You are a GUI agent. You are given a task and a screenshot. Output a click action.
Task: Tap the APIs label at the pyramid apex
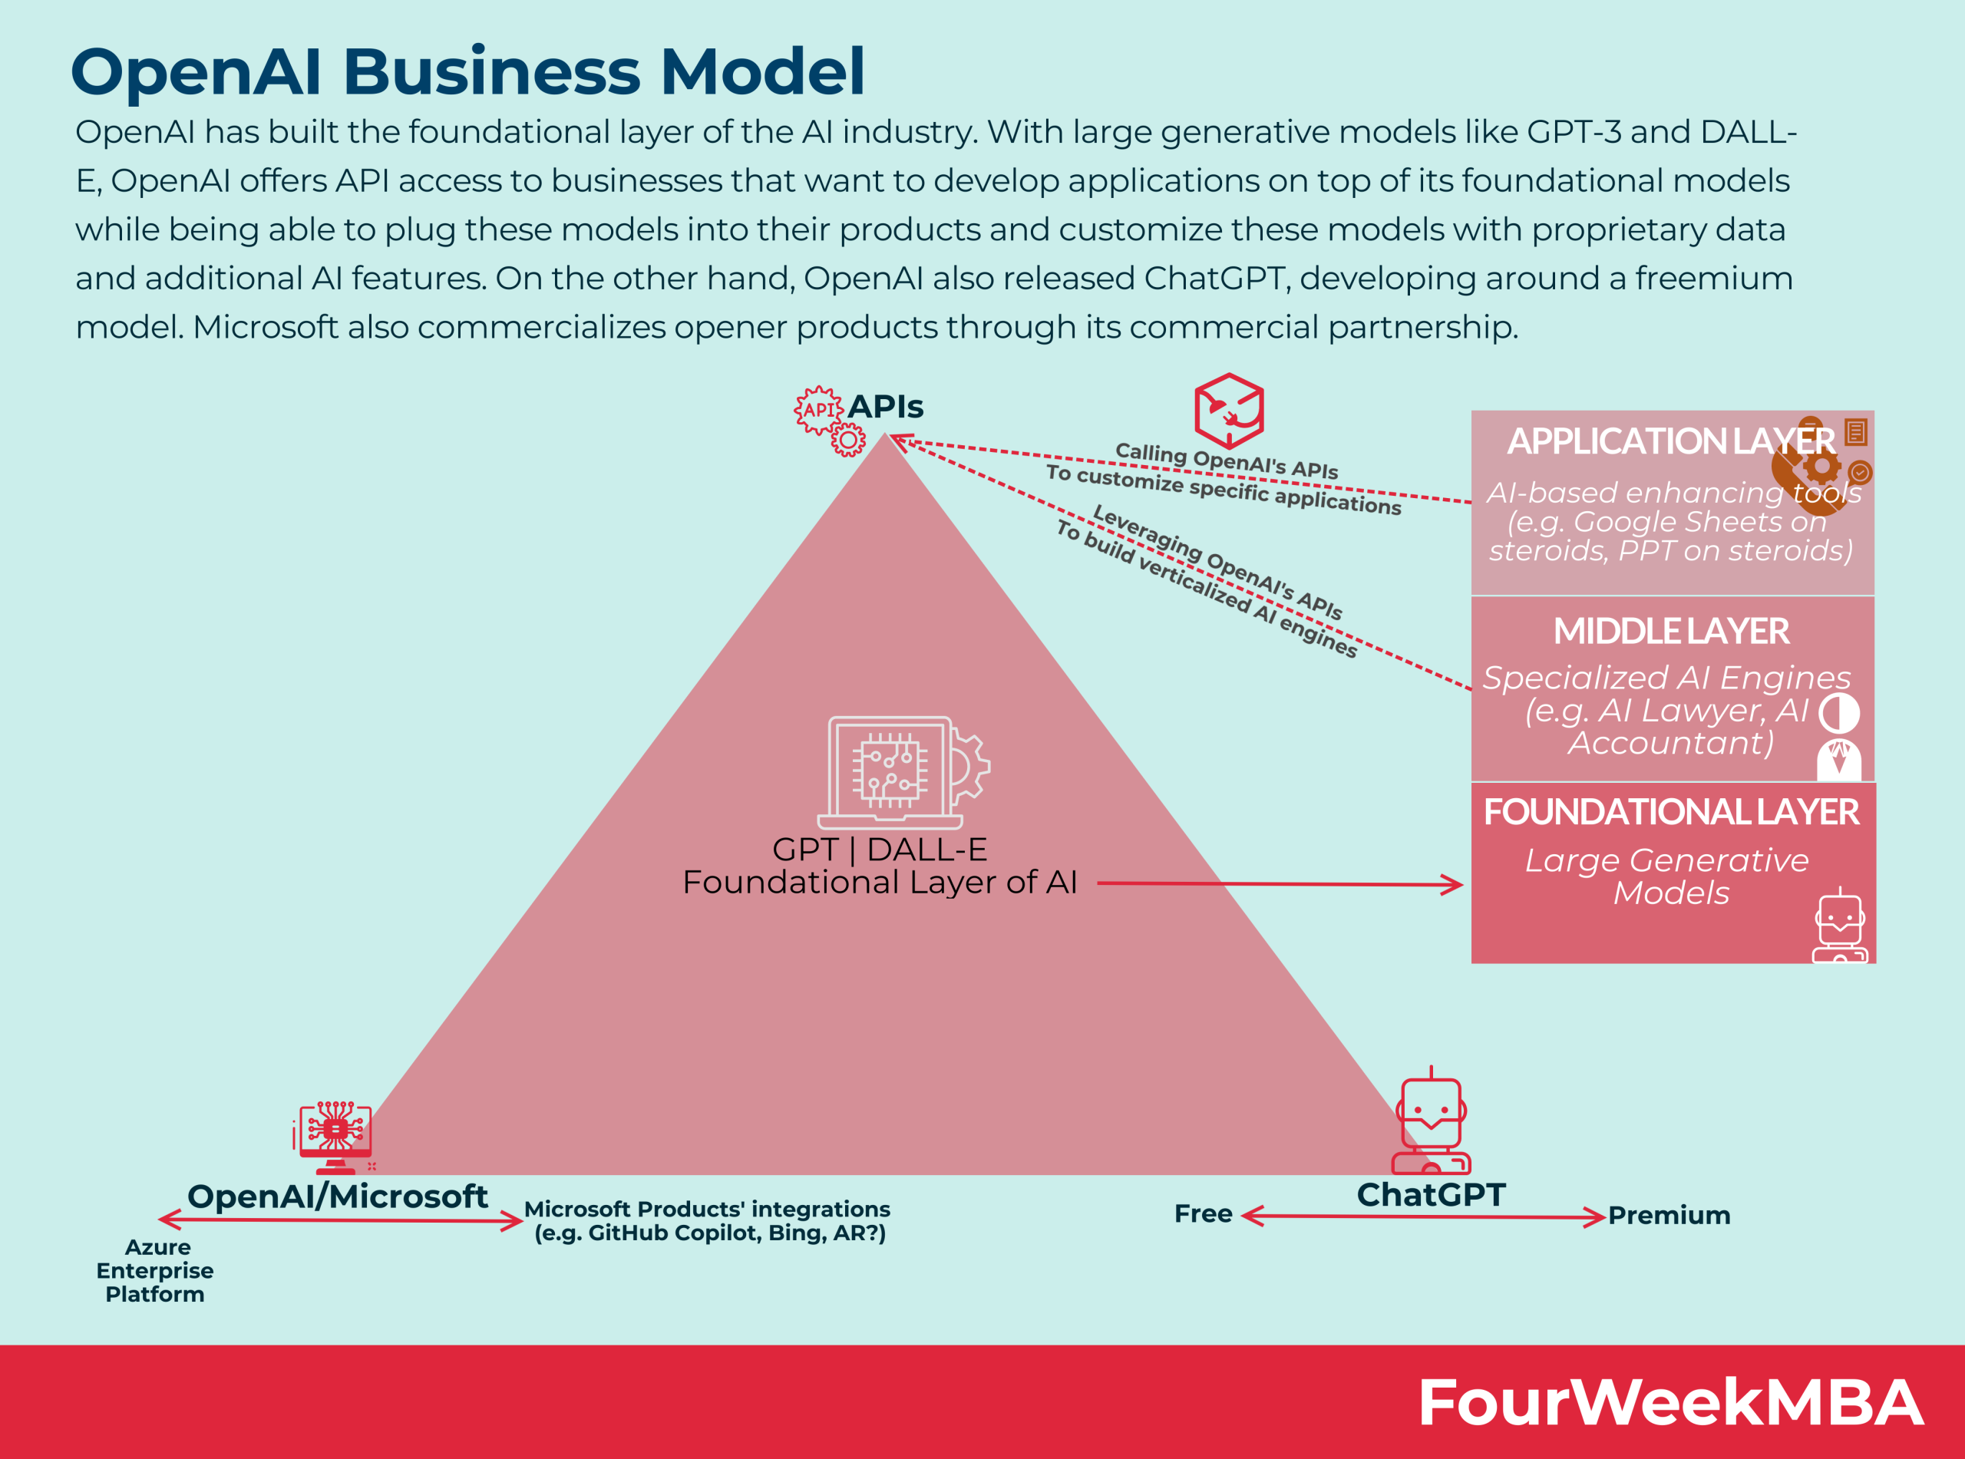(885, 407)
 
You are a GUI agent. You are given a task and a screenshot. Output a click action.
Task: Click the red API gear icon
(827, 418)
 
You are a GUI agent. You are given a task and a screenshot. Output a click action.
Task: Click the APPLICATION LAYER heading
(1670, 441)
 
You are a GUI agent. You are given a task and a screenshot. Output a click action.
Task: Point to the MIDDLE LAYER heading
(1671, 632)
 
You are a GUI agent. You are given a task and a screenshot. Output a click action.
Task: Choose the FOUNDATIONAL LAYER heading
(1671, 813)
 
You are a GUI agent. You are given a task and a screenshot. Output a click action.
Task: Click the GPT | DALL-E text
(880, 850)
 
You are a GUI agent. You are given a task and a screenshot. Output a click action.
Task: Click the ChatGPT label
(1431, 1195)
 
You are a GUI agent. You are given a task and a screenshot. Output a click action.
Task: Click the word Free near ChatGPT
(1203, 1214)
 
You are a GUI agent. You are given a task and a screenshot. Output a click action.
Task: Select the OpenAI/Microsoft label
(338, 1197)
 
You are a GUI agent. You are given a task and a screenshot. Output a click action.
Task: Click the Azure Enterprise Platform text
(155, 1271)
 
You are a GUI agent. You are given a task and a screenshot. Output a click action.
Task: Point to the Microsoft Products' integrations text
(708, 1221)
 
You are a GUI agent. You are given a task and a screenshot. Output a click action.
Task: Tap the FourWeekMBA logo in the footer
(1669, 1402)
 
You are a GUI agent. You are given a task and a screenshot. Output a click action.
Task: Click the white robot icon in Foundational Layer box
(1840, 927)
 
